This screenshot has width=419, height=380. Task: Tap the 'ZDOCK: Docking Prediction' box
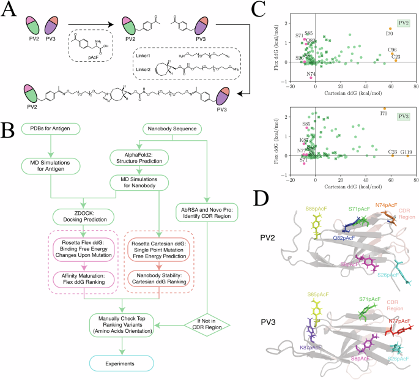point(84,216)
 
